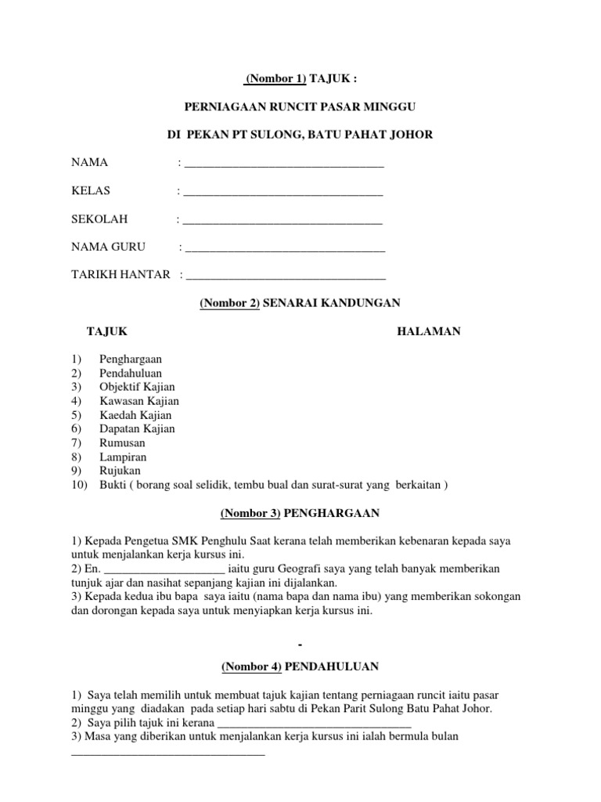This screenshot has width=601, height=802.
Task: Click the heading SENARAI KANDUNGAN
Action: [x=332, y=302]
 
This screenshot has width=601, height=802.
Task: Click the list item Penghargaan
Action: [x=131, y=359]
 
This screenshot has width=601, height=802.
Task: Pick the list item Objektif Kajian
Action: [x=137, y=387]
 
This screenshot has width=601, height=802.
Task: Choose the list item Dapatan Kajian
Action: [x=137, y=428]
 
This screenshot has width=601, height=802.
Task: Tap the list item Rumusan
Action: [x=122, y=443]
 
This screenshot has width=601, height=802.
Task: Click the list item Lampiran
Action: [x=123, y=457]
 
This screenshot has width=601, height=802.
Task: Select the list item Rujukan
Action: [x=120, y=471]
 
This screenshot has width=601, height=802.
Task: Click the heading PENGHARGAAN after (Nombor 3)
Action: [x=332, y=513]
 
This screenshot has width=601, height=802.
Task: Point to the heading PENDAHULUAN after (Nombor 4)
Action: [x=332, y=667]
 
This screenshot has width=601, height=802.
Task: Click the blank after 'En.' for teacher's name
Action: [x=164, y=569]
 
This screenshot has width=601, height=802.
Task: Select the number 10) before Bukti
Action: [x=80, y=485]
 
